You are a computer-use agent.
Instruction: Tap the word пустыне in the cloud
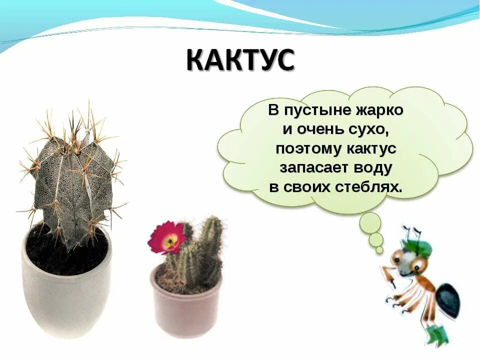click(x=311, y=110)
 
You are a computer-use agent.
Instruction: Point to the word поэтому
click(x=305, y=149)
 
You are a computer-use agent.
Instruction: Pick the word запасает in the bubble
click(x=310, y=168)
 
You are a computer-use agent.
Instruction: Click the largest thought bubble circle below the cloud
click(x=370, y=222)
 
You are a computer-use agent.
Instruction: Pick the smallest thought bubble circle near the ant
click(x=379, y=249)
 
